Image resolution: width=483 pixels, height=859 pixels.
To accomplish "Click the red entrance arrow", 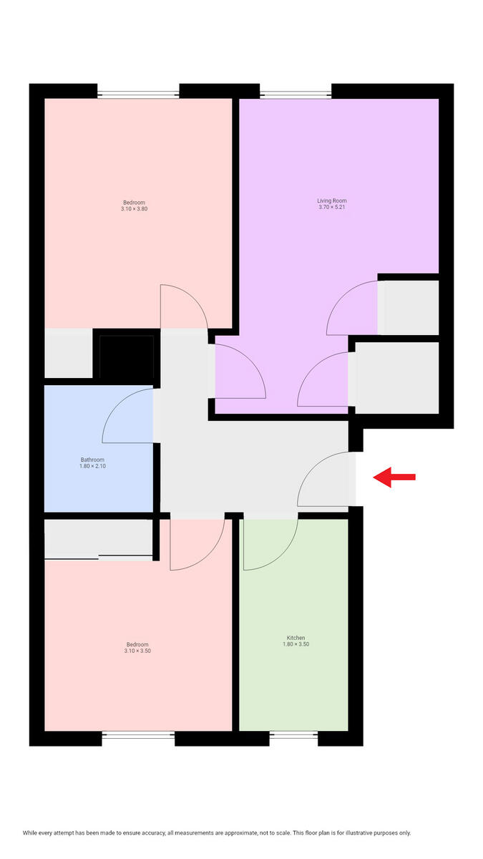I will pyautogui.click(x=394, y=477).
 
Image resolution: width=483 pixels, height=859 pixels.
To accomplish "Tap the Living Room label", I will pyautogui.click(x=332, y=200).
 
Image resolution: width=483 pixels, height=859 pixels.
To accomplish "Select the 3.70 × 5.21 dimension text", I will pyautogui.click(x=332, y=208).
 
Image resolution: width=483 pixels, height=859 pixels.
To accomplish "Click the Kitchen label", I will pyautogui.click(x=296, y=637).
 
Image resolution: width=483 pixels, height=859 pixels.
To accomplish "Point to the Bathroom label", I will pyautogui.click(x=92, y=460).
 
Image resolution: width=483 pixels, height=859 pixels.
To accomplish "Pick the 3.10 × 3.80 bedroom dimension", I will pyautogui.click(x=134, y=208).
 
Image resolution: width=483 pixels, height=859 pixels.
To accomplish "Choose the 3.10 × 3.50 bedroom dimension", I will pyautogui.click(x=137, y=651).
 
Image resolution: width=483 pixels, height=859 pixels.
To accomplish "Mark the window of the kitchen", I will pyautogui.click(x=294, y=734).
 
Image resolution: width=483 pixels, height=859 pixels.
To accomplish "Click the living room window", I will pyautogui.click(x=296, y=92).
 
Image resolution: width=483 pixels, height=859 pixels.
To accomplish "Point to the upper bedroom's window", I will pyautogui.click(x=138, y=92).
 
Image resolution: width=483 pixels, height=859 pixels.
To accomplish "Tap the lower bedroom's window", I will pyautogui.click(x=138, y=734).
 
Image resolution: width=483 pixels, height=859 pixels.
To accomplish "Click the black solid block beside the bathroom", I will pyautogui.click(x=126, y=356).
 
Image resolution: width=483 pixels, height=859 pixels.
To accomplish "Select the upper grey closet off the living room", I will pyautogui.click(x=408, y=307).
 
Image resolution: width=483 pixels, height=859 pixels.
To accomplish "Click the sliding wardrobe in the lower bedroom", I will pyautogui.click(x=99, y=538).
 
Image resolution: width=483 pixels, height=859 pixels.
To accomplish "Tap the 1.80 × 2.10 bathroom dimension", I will pyautogui.click(x=92, y=467).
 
